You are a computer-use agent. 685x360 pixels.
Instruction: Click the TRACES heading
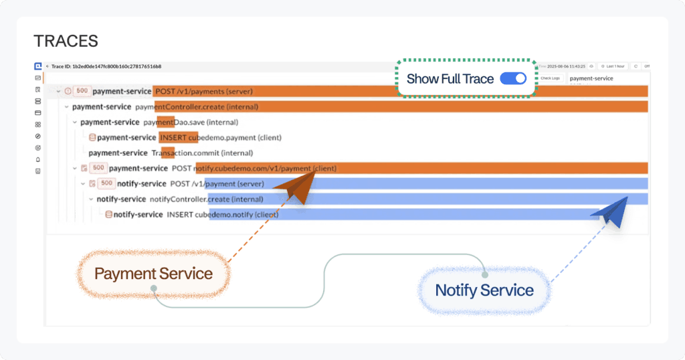[66, 41]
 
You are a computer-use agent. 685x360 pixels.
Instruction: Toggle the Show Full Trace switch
[513, 78]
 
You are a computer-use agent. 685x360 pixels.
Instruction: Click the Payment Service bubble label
[153, 273]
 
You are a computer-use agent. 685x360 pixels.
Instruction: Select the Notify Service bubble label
[484, 290]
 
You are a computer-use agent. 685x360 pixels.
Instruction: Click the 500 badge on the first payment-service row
[82, 91]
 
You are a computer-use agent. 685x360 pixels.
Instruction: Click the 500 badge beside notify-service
[106, 183]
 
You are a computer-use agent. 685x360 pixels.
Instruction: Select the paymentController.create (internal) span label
[197, 106]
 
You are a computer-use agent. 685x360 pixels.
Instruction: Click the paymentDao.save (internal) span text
[191, 122]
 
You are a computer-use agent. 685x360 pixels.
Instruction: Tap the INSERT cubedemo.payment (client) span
[221, 137]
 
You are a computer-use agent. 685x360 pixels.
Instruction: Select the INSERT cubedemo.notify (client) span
[223, 214]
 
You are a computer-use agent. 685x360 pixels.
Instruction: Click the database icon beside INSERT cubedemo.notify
[108, 214]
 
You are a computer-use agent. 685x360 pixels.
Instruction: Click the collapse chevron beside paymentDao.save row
[74, 122]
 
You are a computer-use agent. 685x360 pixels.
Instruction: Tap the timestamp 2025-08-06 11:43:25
[566, 66]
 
